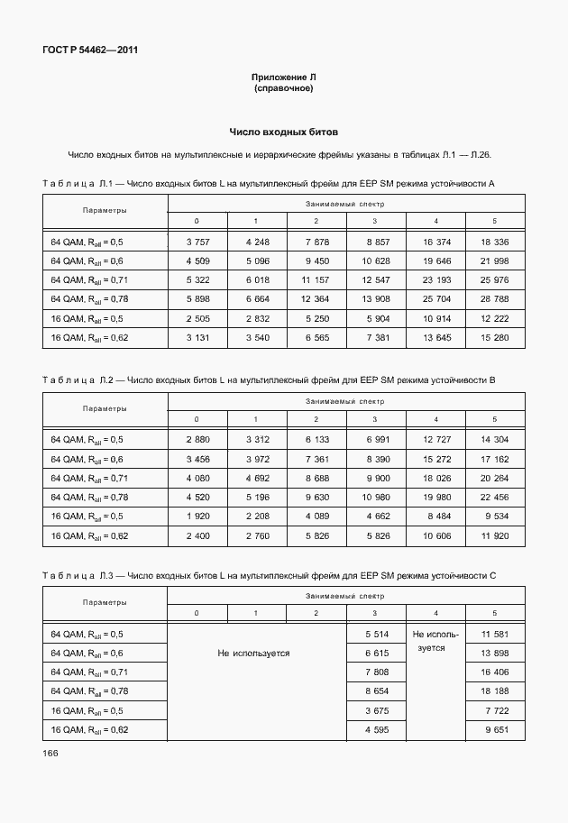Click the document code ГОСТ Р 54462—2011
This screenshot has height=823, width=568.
point(88,50)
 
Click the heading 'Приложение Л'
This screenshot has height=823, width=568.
point(283,79)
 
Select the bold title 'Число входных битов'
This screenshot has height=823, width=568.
point(283,132)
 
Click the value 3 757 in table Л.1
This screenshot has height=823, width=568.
point(197,242)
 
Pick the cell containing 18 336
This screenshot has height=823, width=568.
point(494,242)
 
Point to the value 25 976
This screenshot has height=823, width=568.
point(494,280)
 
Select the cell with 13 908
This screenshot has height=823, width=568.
point(375,299)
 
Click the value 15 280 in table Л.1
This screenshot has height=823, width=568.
point(494,337)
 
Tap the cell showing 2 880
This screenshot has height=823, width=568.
point(197,440)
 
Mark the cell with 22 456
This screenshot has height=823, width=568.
point(494,497)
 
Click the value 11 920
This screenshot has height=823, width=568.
point(494,535)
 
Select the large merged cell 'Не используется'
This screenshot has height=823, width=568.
point(253,653)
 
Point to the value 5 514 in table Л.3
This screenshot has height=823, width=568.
point(375,635)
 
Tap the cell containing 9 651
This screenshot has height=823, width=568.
point(494,729)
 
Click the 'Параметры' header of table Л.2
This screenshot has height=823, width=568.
point(105,408)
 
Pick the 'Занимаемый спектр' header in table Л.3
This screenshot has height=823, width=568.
point(344,597)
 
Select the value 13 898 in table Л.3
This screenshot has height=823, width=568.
point(494,653)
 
